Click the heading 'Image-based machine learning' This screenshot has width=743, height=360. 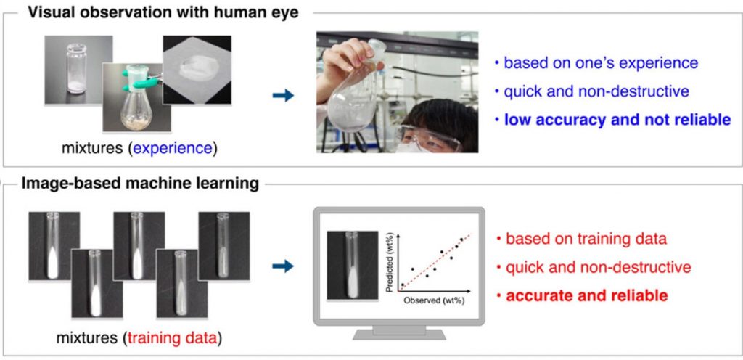tap(138, 183)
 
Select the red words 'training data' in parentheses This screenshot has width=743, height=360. tap(173, 337)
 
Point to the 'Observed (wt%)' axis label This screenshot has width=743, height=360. tap(433, 300)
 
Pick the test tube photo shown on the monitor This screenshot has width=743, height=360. tap(352, 265)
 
